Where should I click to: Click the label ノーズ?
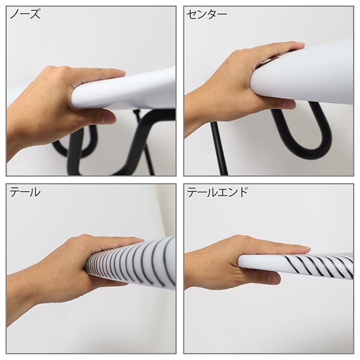coord(25,14)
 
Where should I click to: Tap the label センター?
coord(207,14)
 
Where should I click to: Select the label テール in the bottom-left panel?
coord(25,192)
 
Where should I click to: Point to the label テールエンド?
coord(217,192)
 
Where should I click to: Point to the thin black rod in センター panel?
coord(219,148)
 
